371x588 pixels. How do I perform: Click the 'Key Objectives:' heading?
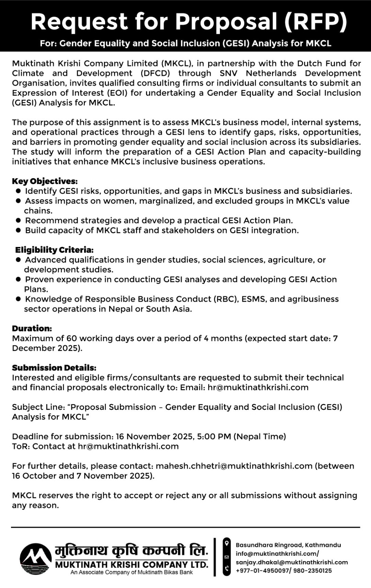pos(45,181)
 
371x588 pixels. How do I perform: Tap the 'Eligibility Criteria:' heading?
pos(54,250)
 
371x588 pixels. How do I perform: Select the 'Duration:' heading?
pos(32,328)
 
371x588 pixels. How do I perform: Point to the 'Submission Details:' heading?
pos(54,367)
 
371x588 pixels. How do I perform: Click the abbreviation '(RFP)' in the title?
pos(316,21)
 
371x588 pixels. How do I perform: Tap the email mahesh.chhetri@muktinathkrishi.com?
pos(234,466)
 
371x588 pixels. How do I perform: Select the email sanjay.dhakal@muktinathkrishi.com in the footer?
pos(292,562)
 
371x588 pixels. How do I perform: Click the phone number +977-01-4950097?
pos(262,571)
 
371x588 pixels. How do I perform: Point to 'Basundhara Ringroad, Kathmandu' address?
pos(288,545)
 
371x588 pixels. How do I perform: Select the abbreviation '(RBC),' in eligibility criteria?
pos(226,299)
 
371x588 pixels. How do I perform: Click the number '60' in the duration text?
pos(71,338)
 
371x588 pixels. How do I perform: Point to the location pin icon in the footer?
pos(227,544)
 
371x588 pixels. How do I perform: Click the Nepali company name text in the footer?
pos(132,550)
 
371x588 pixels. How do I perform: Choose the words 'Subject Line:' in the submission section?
pos(39,407)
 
